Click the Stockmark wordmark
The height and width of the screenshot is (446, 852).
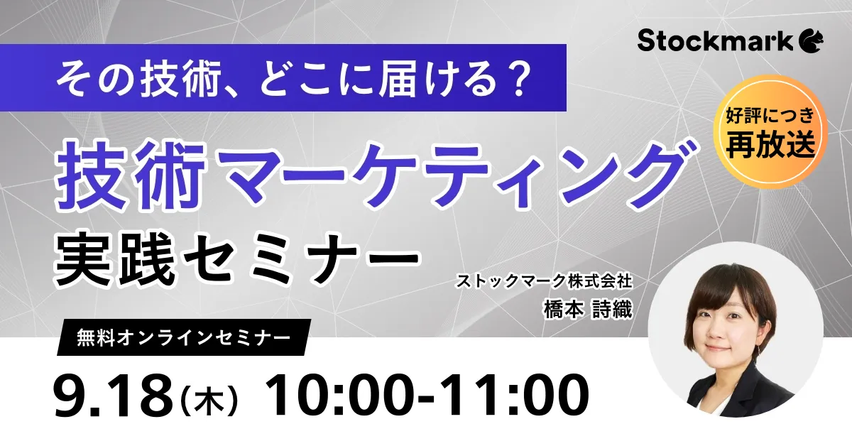pyautogui.click(x=715, y=40)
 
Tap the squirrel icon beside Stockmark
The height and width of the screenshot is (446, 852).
pyautogui.click(x=811, y=41)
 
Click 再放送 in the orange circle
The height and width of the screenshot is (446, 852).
pyautogui.click(x=770, y=144)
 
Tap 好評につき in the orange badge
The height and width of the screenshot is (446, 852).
pyautogui.click(x=770, y=116)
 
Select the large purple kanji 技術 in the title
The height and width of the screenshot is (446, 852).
pyautogui.click(x=130, y=175)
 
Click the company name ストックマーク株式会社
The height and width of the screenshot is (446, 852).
pyautogui.click(x=545, y=281)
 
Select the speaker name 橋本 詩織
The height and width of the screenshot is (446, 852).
pyautogui.click(x=588, y=309)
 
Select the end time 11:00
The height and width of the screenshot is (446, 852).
pyautogui.click(x=510, y=395)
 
